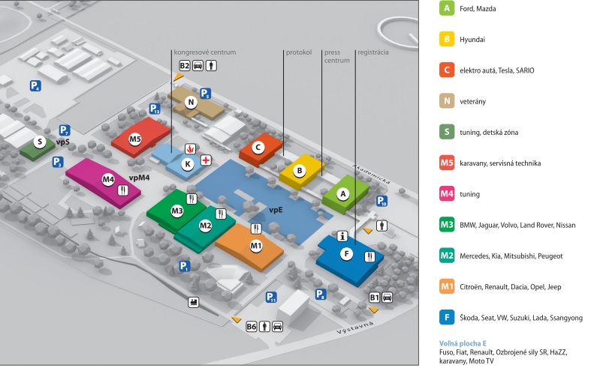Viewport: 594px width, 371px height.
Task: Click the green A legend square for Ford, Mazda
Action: (x=448, y=9)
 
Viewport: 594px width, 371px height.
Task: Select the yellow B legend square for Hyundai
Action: (x=448, y=40)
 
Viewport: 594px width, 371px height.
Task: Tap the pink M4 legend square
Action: (x=448, y=194)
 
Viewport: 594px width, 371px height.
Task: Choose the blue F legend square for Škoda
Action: (x=448, y=318)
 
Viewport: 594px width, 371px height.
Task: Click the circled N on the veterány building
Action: (x=191, y=103)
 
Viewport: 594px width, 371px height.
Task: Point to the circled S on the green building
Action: (x=40, y=142)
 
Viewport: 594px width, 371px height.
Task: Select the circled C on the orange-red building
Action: (x=258, y=148)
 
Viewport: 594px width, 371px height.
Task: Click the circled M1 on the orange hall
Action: (x=256, y=245)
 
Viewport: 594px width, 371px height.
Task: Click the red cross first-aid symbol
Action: (x=204, y=160)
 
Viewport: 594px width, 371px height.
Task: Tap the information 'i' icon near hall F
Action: (x=342, y=235)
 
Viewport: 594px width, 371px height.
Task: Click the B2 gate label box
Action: (x=185, y=65)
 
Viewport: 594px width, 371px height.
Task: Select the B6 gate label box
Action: (x=252, y=326)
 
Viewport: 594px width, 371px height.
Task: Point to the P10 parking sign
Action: (x=382, y=201)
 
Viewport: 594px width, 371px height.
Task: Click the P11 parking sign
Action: (x=271, y=298)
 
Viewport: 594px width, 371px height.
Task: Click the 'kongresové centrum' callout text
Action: (x=205, y=52)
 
